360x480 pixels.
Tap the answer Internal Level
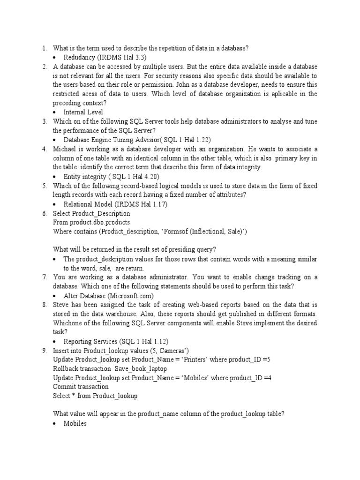(83, 112)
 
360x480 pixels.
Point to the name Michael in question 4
(65, 149)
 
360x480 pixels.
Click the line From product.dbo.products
(91, 222)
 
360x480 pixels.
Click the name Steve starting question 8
(61, 305)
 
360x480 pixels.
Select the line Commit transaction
(81, 387)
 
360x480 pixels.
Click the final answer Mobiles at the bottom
(75, 423)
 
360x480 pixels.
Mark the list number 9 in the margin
(45, 351)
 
